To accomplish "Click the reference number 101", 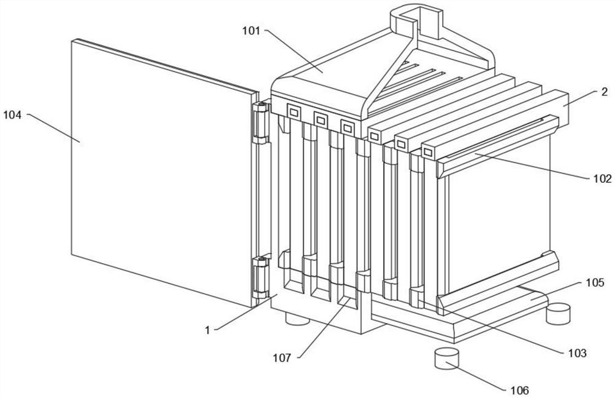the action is pos(251,31).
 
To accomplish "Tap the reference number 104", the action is pos(12,116).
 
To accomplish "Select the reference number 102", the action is pos(603,178).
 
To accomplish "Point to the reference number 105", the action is pos(595,282).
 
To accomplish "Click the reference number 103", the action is pos(577,353).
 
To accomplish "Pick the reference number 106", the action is pos(520,390).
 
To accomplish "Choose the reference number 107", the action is pos(282,357).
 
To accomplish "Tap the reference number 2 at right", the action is pos(605,92).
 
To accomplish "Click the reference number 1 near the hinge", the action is pos(207,330).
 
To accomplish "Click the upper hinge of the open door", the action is pos(260,123).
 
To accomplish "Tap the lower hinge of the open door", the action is pos(260,277).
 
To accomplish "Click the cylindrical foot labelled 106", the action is pos(446,358).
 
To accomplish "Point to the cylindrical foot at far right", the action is pos(558,313).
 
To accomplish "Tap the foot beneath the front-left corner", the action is pos(297,318).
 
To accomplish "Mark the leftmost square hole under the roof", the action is pos(293,112).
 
